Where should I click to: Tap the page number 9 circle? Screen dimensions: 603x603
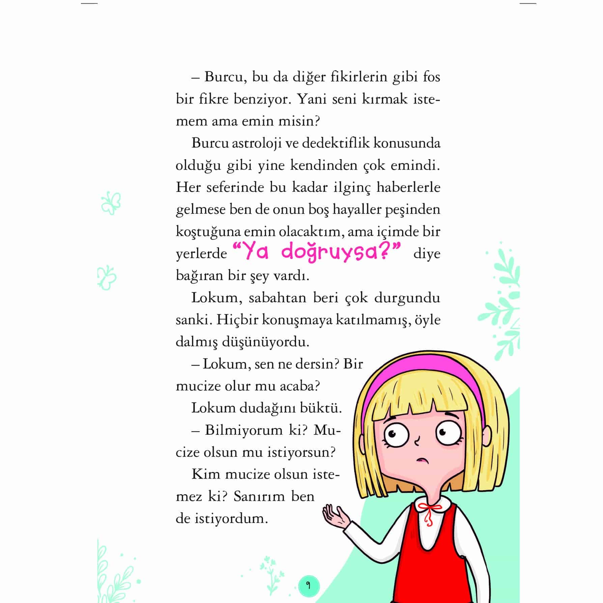pyautogui.click(x=308, y=585)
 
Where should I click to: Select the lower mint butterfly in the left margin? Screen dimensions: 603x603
pyautogui.click(x=107, y=278)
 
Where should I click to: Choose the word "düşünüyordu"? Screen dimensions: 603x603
pyautogui.click(x=265, y=342)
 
